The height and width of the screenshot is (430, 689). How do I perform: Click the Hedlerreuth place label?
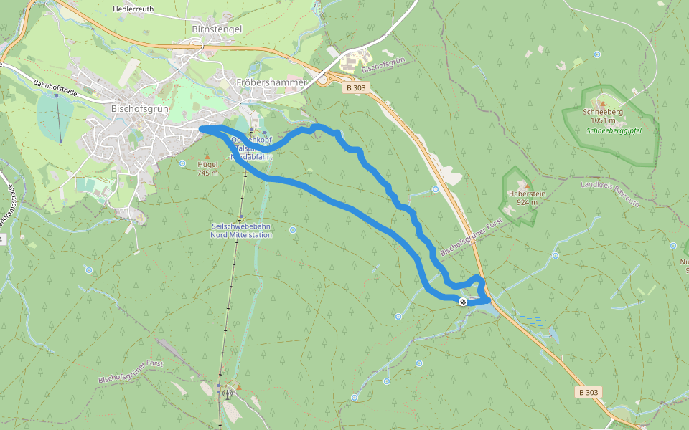[134, 9]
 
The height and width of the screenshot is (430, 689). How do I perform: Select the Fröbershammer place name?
[271, 82]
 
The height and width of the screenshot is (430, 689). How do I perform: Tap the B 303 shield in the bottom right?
[587, 392]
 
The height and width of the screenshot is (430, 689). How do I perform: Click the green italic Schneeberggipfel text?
[613, 132]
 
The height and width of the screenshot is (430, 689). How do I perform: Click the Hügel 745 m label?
[207, 168]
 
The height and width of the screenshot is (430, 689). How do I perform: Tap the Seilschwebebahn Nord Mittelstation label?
[242, 231]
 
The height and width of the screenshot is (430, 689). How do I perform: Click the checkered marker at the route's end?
[463, 302]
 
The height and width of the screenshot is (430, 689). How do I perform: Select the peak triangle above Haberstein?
[526, 185]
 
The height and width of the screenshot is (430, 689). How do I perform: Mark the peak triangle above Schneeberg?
[602, 104]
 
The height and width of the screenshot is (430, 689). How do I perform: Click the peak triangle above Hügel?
[207, 156]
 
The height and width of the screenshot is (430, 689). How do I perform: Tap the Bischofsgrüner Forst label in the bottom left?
[131, 371]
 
